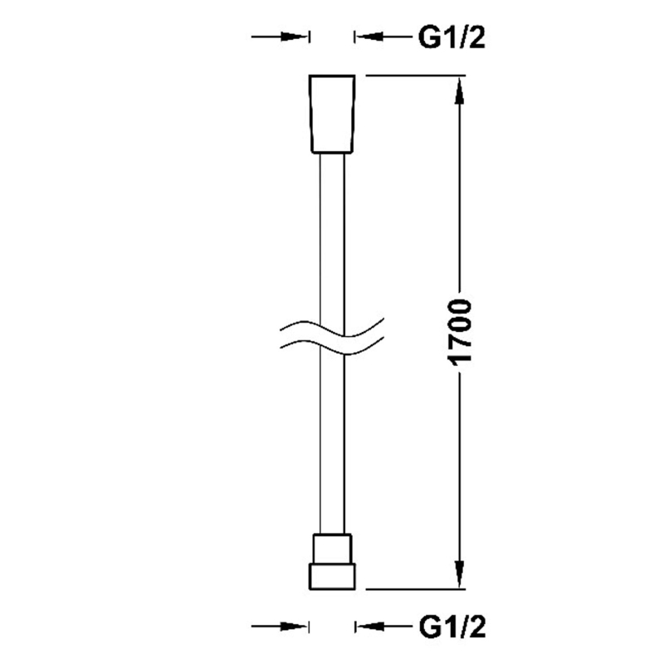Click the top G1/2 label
(x=452, y=38)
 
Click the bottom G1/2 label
(x=452, y=627)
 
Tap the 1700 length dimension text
(x=460, y=331)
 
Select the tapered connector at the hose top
(x=332, y=114)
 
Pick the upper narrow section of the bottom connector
(x=332, y=549)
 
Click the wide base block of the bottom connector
(x=332, y=576)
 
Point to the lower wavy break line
(x=332, y=344)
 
